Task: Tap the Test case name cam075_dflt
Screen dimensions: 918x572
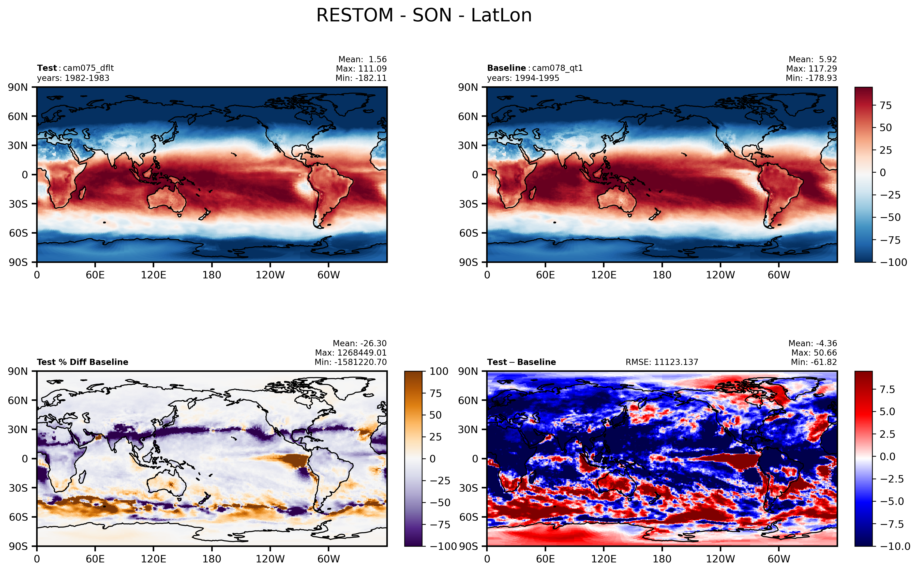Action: (x=88, y=68)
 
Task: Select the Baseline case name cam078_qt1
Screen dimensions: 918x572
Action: (x=557, y=68)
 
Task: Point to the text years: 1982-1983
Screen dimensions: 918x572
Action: (x=73, y=78)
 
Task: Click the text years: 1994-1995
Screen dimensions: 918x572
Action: (x=523, y=78)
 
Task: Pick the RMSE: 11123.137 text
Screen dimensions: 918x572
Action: (x=662, y=362)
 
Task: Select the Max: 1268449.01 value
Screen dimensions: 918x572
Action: (x=351, y=353)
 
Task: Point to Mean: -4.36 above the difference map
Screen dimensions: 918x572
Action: (x=813, y=344)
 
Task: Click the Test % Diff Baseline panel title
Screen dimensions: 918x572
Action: (x=82, y=362)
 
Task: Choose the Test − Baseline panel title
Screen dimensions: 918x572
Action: (x=522, y=362)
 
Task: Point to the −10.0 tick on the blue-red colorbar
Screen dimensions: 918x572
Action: (x=895, y=546)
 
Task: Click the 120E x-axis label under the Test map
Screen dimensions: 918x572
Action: (x=153, y=275)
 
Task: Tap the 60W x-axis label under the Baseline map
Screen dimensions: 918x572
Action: (x=779, y=275)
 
